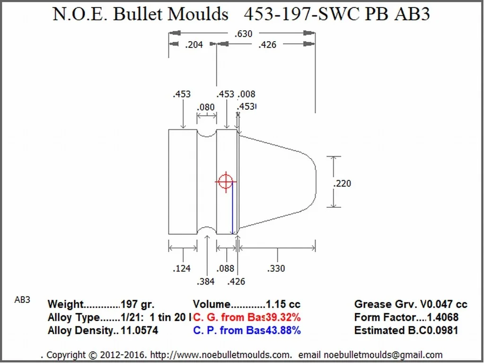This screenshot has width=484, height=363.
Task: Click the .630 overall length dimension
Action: point(242,34)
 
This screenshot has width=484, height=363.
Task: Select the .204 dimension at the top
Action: point(193,44)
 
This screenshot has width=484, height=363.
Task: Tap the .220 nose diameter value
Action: point(342,183)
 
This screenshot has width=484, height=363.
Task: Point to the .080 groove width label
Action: point(206,107)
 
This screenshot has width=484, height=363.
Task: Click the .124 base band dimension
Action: point(181,268)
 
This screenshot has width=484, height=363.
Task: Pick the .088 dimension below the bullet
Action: point(226,268)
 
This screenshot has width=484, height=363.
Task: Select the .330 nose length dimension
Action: point(276,268)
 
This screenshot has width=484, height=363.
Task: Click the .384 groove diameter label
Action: point(206,281)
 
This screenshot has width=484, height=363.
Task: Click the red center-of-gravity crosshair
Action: point(226,181)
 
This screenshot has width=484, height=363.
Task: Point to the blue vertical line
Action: point(232,208)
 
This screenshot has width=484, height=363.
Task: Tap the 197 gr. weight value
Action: point(137,304)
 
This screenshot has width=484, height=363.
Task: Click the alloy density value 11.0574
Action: point(139,330)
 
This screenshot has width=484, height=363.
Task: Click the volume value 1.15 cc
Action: point(283,304)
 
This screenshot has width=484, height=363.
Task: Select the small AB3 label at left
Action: point(22,300)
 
